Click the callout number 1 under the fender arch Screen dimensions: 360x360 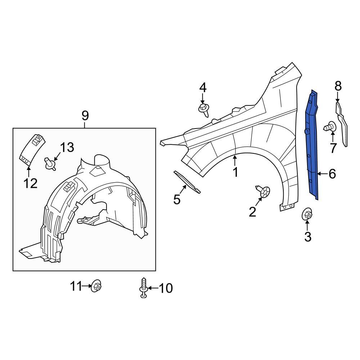pos(235,172)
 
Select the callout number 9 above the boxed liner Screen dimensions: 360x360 pos(85,116)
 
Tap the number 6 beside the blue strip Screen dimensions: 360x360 pos(332,174)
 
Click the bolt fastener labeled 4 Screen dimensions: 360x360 pos(204,109)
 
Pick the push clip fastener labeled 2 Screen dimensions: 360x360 pos(264,192)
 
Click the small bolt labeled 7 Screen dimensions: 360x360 pos(330,127)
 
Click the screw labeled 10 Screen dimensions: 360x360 pos(143,288)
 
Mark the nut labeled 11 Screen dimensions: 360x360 pos(96,287)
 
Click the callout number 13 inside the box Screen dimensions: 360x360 pos(67,147)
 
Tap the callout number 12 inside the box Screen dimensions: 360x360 pos(31,184)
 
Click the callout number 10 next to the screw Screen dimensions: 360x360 pos(165,288)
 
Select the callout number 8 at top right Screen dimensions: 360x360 pos(338,86)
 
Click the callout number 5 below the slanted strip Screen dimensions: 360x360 pos(177,199)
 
